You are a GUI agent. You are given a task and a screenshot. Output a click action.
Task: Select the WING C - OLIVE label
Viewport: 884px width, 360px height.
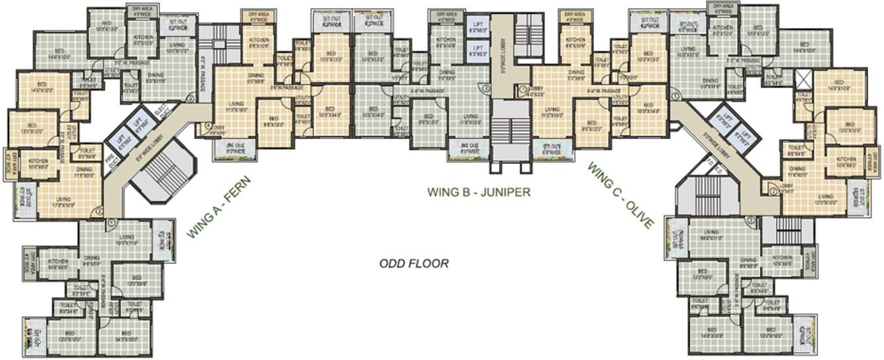pyautogui.click(x=620, y=196)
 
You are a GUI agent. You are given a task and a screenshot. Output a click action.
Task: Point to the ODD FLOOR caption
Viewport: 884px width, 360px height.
pyautogui.click(x=414, y=263)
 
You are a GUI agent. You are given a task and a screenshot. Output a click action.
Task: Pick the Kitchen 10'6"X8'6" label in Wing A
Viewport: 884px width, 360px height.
pyautogui.click(x=58, y=265)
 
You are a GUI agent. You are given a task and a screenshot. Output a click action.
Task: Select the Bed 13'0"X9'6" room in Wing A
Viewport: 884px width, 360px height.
pyautogui.click(x=136, y=281)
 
